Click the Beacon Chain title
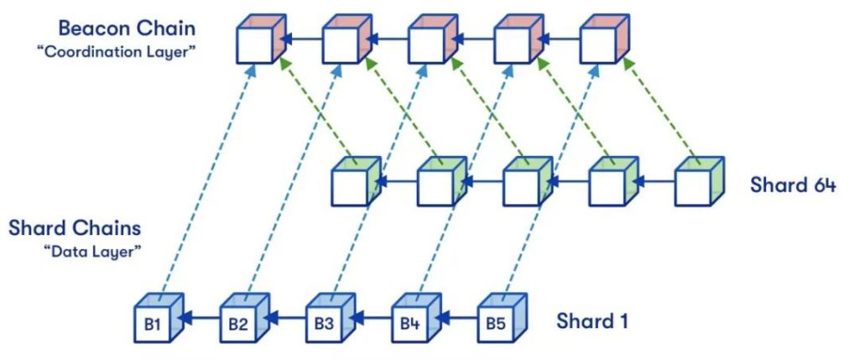[x=126, y=28]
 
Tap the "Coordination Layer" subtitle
[x=115, y=53]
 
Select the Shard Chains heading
[x=75, y=228]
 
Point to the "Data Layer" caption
[x=92, y=253]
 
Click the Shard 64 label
[x=793, y=185]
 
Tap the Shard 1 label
[x=591, y=321]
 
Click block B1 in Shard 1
[x=159, y=318]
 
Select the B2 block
[x=244, y=318]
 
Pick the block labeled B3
[x=330, y=318]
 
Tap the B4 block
[x=415, y=318]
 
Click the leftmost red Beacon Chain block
[x=261, y=39]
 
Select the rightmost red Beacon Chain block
[x=604, y=39]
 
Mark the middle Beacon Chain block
[x=433, y=39]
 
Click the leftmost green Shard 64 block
[x=356, y=181]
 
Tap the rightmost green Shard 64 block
[x=699, y=181]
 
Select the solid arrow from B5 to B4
[x=458, y=318]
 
